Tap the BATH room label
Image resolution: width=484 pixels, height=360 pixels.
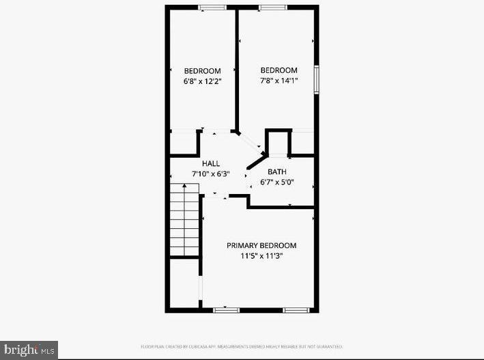(x=276, y=171)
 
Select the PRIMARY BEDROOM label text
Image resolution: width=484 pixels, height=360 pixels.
(x=261, y=245)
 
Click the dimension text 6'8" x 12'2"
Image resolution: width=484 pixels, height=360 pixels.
(x=203, y=81)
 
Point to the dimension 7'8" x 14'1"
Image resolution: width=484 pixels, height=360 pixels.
(x=279, y=81)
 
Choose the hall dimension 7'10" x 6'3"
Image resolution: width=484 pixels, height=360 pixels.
(x=210, y=174)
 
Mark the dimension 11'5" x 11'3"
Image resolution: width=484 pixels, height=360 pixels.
(x=261, y=256)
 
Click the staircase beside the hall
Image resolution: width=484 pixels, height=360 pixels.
(x=184, y=219)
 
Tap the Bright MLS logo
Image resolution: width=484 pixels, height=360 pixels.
(x=29, y=349)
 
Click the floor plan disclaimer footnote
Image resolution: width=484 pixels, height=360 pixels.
(x=242, y=346)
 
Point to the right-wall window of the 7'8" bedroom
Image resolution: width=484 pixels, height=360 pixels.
(x=317, y=79)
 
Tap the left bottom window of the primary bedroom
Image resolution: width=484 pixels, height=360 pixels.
(x=226, y=310)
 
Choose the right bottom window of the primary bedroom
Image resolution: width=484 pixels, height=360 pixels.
(x=296, y=310)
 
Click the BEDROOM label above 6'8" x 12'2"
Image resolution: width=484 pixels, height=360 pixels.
(x=203, y=71)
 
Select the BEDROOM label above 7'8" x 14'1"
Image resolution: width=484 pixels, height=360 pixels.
(x=279, y=70)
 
